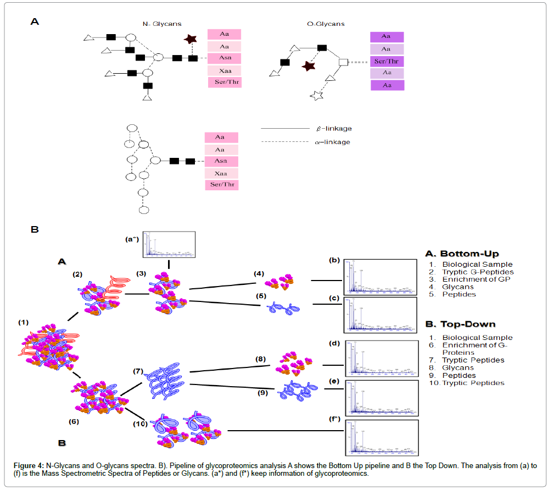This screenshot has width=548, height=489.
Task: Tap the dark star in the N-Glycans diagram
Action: click(190, 39)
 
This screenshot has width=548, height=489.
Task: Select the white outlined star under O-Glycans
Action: click(317, 96)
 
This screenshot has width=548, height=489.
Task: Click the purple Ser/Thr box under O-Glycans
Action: click(387, 61)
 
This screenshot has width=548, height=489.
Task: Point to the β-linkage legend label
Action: click(334, 129)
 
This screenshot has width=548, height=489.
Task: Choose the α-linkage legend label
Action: click(334, 142)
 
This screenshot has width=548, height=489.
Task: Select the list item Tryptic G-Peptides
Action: click(478, 272)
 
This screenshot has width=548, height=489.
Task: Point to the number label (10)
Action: click(141, 424)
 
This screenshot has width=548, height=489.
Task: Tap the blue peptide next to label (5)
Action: click(284, 309)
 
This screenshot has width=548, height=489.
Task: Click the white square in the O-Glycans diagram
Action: click(344, 62)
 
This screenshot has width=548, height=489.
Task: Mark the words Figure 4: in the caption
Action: click(28, 465)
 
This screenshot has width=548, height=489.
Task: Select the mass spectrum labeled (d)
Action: click(379, 358)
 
